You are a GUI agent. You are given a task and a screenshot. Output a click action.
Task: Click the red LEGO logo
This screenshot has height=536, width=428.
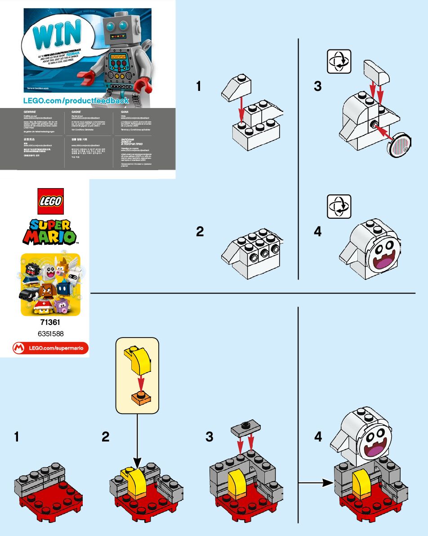(x=50, y=201)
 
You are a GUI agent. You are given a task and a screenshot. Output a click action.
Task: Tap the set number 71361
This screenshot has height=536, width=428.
(x=50, y=323)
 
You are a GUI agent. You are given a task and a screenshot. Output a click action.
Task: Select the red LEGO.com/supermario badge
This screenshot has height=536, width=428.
(x=50, y=347)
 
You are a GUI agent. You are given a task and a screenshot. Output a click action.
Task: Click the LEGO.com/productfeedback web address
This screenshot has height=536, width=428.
(x=76, y=100)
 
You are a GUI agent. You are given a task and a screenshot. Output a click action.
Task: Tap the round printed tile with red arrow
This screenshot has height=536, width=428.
(x=400, y=144)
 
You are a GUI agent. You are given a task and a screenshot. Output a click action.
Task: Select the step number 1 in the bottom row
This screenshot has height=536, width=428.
(x=17, y=437)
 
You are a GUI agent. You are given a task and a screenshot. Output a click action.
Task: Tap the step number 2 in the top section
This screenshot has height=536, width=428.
(x=200, y=232)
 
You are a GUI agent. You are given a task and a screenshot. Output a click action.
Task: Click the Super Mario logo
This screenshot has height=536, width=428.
(x=50, y=232)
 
